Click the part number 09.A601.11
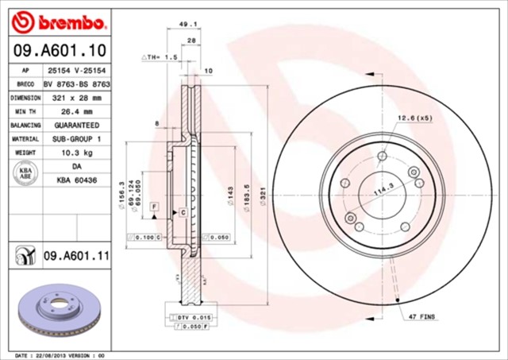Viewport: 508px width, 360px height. [75, 255]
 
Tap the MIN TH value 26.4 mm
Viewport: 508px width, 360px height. [71, 111]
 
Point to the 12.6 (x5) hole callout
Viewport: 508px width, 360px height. [415, 118]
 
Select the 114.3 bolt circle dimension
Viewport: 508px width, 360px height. [386, 191]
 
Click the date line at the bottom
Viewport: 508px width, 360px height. [60, 354]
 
